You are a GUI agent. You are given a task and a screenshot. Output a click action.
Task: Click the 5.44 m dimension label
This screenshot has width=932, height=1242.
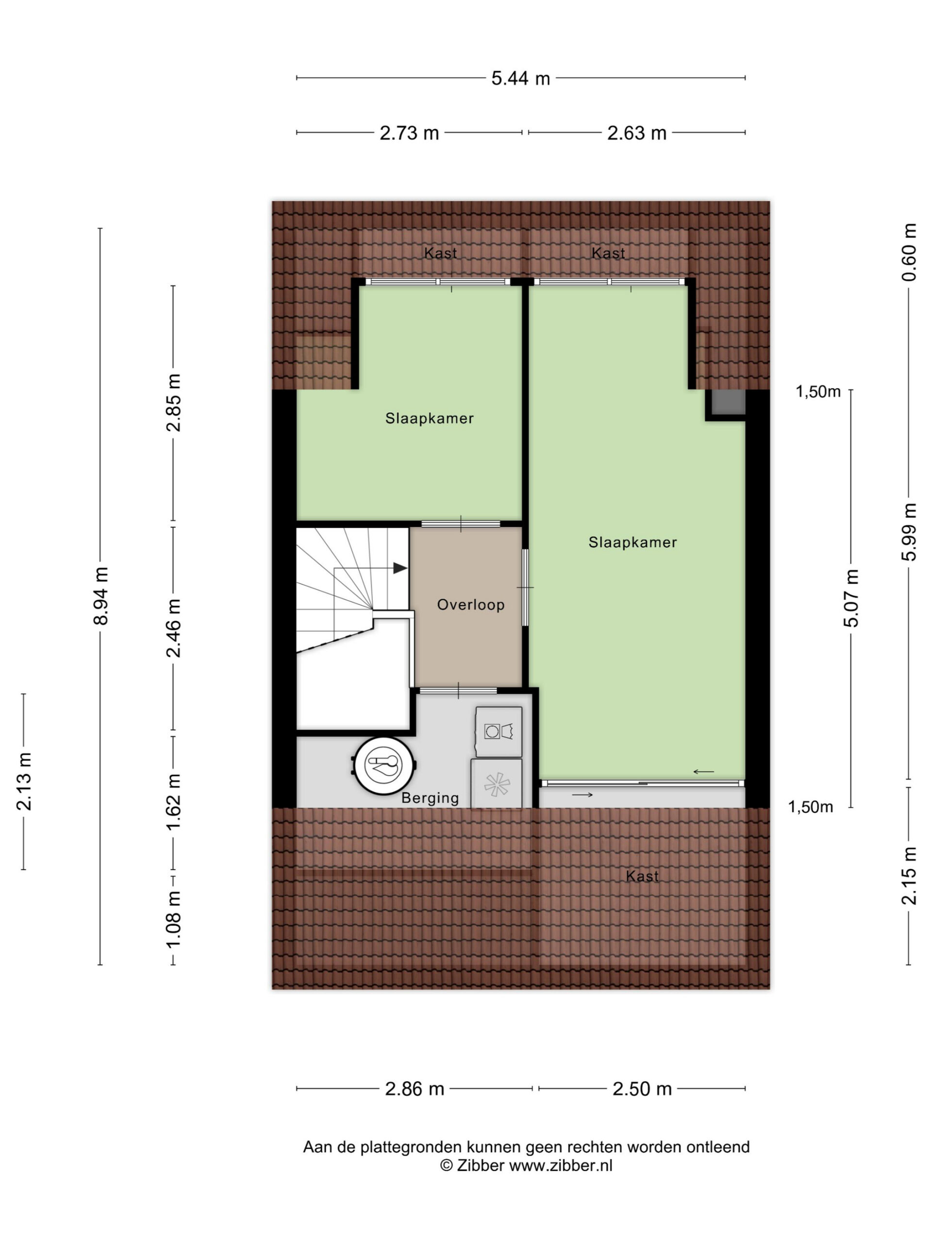coord(520,78)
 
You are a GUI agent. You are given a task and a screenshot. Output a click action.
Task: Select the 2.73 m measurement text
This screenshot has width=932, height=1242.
coord(409,132)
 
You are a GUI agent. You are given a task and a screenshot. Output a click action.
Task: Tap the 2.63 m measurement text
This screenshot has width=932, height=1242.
coord(636,132)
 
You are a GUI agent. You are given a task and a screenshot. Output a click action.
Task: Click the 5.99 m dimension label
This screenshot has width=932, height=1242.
coord(908,532)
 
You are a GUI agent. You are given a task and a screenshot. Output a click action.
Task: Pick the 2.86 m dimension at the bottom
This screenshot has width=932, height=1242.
coord(415,1089)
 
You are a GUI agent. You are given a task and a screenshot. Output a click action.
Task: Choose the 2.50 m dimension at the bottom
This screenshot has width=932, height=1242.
coord(642,1089)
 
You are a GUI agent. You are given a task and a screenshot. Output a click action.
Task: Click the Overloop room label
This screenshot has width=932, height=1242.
coord(471,605)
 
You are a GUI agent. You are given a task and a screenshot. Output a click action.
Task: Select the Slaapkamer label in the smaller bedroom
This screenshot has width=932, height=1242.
coord(429,418)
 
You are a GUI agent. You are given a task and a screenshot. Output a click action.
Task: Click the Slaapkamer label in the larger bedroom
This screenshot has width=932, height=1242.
coord(632,542)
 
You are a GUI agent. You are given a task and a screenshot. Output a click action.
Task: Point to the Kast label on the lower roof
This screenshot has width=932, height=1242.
coord(642,876)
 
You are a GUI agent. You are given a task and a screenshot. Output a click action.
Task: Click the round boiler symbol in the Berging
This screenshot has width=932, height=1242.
coord(385,764)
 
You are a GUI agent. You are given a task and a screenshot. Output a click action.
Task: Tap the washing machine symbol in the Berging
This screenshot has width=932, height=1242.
coord(499,732)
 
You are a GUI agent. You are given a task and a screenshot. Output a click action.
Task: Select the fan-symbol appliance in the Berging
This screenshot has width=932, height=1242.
coord(497,784)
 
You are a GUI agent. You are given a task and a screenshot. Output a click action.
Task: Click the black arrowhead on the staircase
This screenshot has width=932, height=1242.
coord(400,568)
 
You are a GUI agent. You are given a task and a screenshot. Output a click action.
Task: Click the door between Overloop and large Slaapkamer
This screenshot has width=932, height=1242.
coord(525,588)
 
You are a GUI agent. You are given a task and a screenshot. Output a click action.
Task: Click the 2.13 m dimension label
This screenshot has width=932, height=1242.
coord(24,781)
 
